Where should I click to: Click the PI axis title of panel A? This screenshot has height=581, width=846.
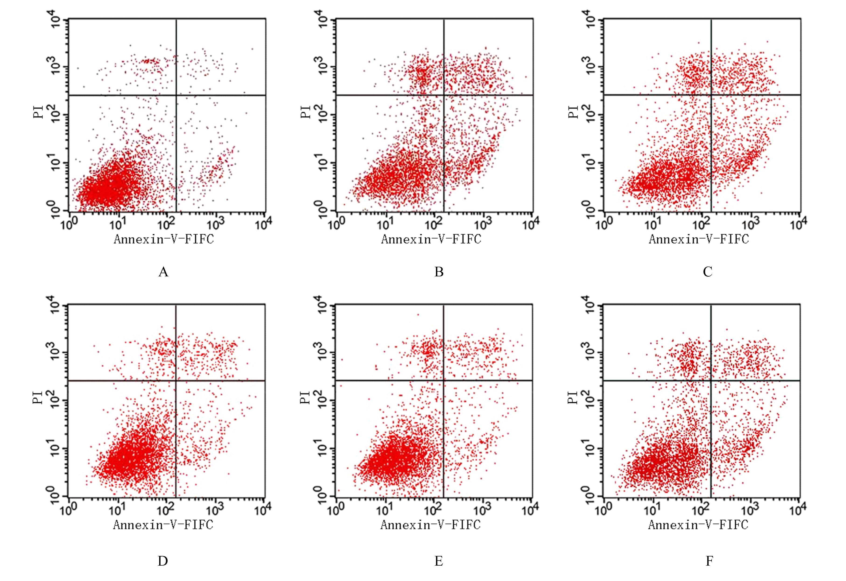(x=39, y=112)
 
